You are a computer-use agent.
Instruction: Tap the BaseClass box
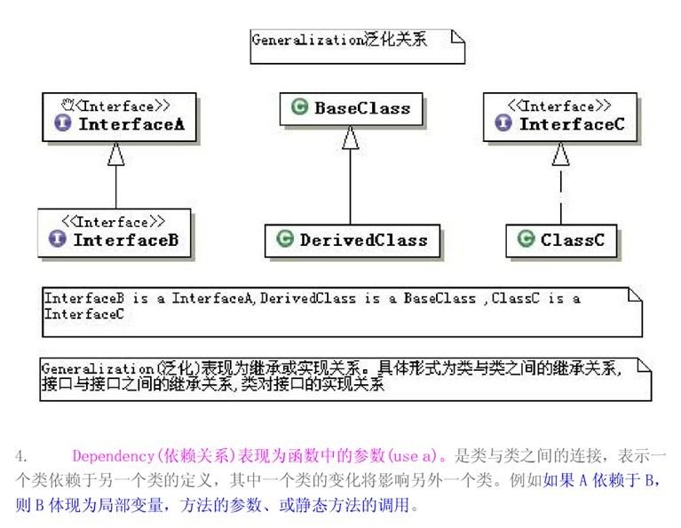351,108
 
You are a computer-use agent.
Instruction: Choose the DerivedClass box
351,240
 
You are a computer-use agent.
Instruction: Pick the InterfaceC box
559,116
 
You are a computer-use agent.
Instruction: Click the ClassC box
560,240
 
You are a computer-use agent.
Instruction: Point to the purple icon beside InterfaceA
63,124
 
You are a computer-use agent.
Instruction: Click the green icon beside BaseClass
299,108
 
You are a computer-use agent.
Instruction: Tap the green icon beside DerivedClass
285,240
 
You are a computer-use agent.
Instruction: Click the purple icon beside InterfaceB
58,240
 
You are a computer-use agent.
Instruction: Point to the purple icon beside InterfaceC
503,124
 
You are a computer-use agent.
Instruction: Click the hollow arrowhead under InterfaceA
115,154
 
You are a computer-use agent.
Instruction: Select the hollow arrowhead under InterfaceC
559,154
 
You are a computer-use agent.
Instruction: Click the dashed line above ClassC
559,195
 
